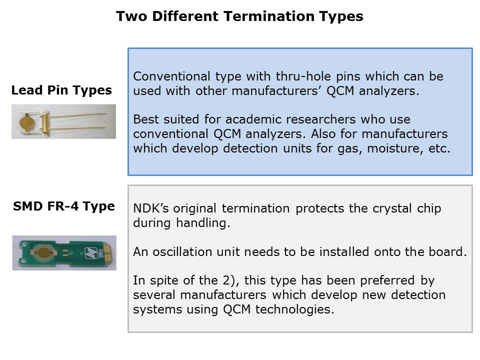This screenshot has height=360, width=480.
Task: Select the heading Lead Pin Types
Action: (x=61, y=90)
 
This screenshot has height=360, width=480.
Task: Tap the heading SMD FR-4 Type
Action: (x=64, y=206)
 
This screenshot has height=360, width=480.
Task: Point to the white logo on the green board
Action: (x=91, y=253)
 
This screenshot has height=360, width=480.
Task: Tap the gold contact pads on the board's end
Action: (x=109, y=253)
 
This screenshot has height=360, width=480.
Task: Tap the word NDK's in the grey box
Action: (x=151, y=208)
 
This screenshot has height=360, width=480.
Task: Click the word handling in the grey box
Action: (x=202, y=223)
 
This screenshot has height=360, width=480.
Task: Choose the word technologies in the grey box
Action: (x=295, y=309)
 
